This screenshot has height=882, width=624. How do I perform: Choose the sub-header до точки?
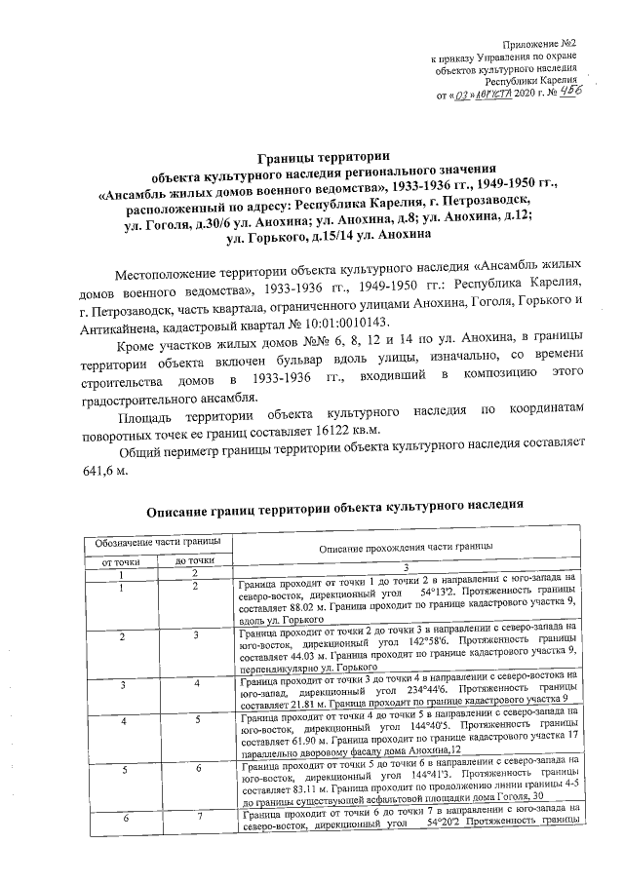(195, 561)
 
